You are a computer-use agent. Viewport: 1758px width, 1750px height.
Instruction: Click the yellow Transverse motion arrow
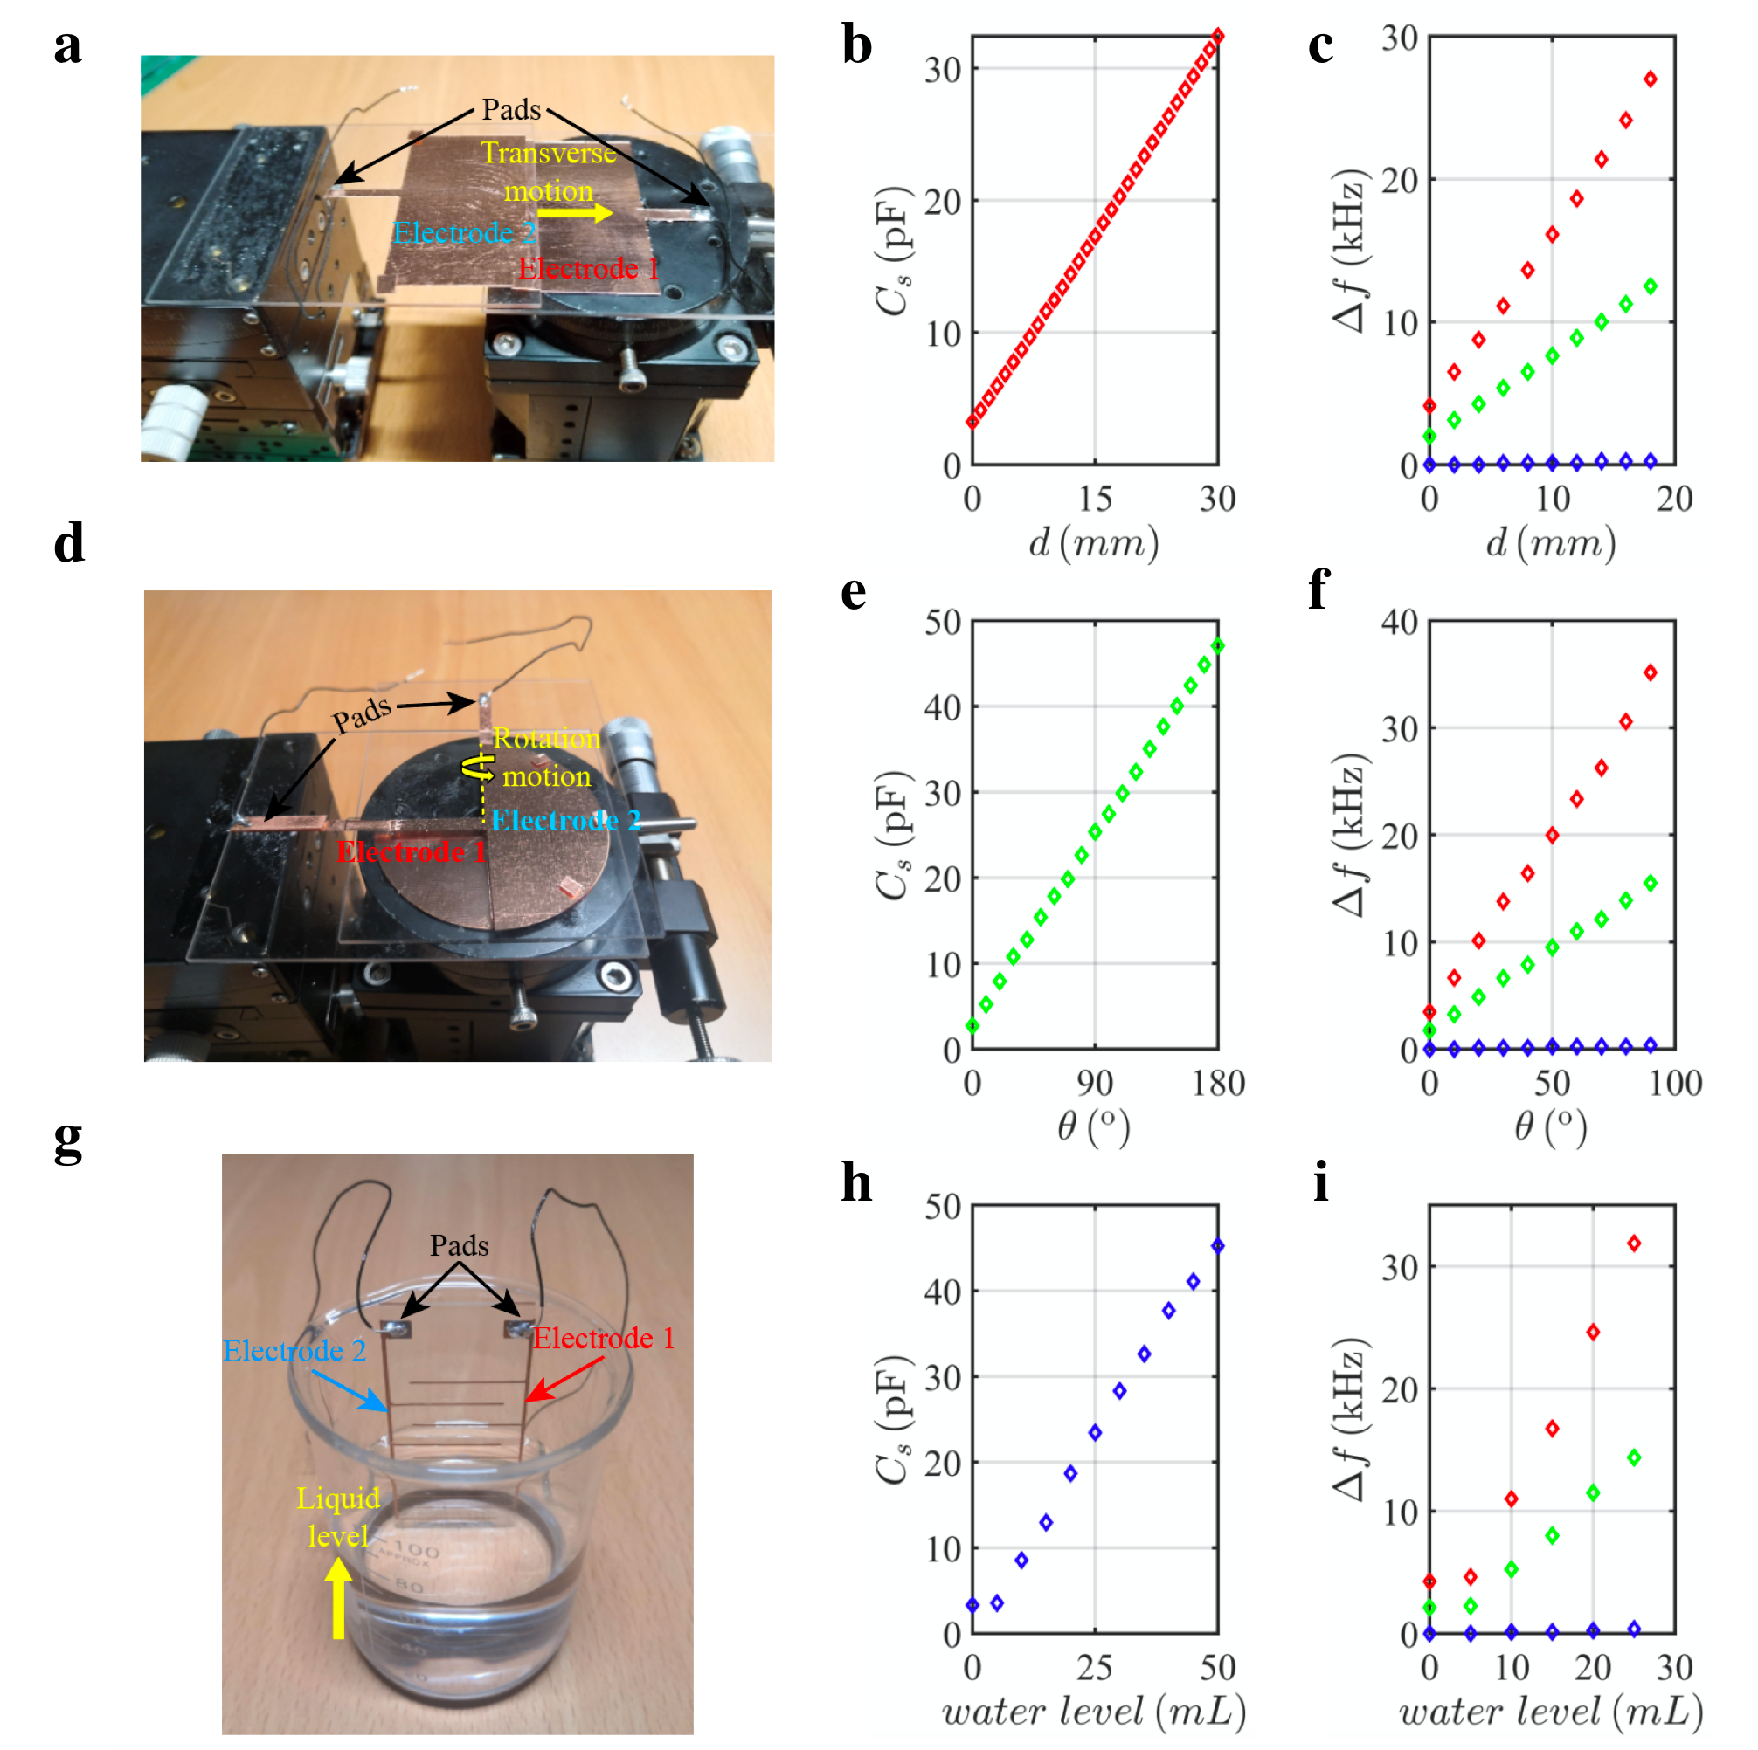pyautogui.click(x=574, y=213)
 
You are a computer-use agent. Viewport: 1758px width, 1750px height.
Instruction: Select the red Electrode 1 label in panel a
pyautogui.click(x=588, y=269)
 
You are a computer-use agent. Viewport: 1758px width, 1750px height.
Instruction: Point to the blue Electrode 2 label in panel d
pyautogui.click(x=565, y=821)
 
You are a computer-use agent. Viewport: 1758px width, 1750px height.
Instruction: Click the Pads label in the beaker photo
pyautogui.click(x=460, y=1245)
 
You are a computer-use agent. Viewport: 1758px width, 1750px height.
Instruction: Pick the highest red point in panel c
pyautogui.click(x=1650, y=79)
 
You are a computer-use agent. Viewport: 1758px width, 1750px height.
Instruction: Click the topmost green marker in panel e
pyautogui.click(x=1217, y=646)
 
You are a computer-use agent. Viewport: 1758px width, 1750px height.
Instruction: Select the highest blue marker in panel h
pyautogui.click(x=1217, y=1246)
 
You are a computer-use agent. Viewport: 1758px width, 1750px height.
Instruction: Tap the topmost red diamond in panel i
pyautogui.click(x=1634, y=1244)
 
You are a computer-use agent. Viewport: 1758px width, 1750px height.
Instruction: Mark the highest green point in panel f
pyautogui.click(x=1650, y=883)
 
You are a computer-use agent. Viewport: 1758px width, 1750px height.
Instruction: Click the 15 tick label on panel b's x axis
pyautogui.click(x=1095, y=500)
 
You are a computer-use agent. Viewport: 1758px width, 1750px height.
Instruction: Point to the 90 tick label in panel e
pyautogui.click(x=1095, y=1084)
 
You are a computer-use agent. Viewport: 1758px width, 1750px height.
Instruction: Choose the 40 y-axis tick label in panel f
pyautogui.click(x=1400, y=622)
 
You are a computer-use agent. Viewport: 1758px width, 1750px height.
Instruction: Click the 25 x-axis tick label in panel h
pyautogui.click(x=1095, y=1668)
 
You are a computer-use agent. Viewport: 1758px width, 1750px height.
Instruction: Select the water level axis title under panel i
pyautogui.click(x=1551, y=1712)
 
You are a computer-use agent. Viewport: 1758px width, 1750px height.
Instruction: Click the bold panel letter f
pyautogui.click(x=1319, y=589)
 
